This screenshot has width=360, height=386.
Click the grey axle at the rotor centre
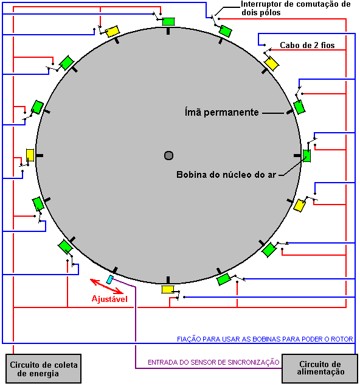168,156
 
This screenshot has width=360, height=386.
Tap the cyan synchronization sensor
110,279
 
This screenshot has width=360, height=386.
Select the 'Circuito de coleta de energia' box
44,368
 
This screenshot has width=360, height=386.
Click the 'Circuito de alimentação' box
320,368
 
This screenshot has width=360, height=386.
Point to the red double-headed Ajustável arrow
106,286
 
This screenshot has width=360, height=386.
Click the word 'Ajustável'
109,299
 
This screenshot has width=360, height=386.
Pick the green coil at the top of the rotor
168,21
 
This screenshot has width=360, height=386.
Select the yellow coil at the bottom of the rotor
168,290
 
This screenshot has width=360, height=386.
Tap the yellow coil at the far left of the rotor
30,155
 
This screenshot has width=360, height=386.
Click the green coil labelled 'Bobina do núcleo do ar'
306,156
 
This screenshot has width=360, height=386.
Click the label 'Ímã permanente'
221,113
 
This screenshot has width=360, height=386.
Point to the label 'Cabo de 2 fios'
307,45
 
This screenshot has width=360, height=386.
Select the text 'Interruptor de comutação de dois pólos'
296,8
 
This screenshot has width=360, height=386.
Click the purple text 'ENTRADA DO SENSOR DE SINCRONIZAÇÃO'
213,362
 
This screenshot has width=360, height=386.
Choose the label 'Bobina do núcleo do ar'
226,175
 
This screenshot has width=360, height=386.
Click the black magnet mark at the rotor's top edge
168,31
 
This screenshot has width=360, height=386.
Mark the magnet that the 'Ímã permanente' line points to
290,112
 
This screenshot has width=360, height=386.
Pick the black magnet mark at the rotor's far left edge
40,156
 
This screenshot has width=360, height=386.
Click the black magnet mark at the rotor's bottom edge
168,280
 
